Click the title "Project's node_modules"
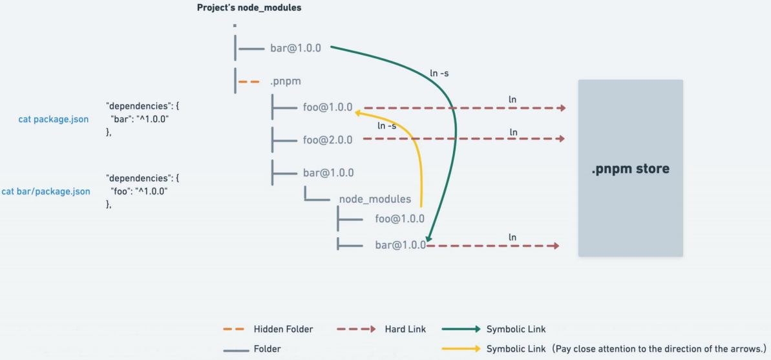[249, 8]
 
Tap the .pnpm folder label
[285, 82]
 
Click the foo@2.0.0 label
[328, 140]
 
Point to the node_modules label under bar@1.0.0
[375, 199]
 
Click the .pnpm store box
[630, 169]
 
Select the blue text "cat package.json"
[53, 119]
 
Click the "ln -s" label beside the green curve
[439, 73]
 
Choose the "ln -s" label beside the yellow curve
[386, 125]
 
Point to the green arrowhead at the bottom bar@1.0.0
[428, 240]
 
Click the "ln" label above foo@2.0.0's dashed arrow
[514, 132]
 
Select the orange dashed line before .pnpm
[249, 82]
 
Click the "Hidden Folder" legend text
[283, 330]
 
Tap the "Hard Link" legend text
[405, 330]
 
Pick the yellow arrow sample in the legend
[461, 349]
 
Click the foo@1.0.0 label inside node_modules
[399, 219]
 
